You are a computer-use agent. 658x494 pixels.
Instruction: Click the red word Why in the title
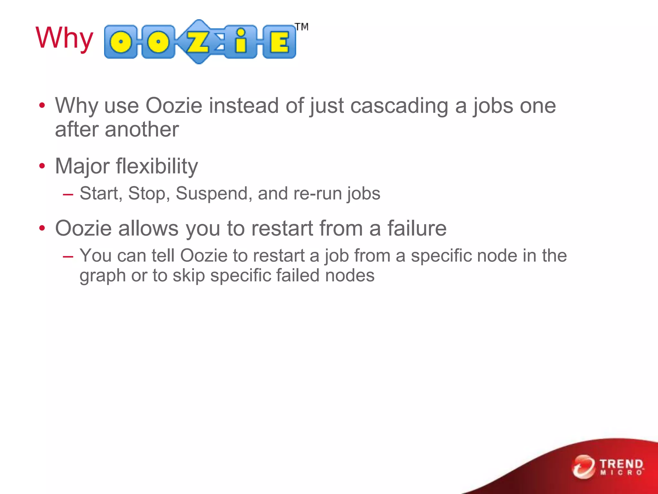click(x=64, y=38)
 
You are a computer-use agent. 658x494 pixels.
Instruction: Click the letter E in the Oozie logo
click(x=279, y=42)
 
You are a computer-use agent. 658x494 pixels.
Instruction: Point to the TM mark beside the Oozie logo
click(x=302, y=27)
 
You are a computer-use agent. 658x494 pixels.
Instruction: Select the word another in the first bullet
click(x=142, y=130)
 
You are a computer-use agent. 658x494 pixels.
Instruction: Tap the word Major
click(x=82, y=167)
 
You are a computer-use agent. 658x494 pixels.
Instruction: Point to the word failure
click(x=417, y=228)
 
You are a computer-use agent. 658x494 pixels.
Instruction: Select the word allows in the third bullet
click(x=148, y=228)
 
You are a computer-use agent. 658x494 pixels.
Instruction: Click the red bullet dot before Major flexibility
click(x=42, y=166)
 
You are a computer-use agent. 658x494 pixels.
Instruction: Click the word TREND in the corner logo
click(x=621, y=464)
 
